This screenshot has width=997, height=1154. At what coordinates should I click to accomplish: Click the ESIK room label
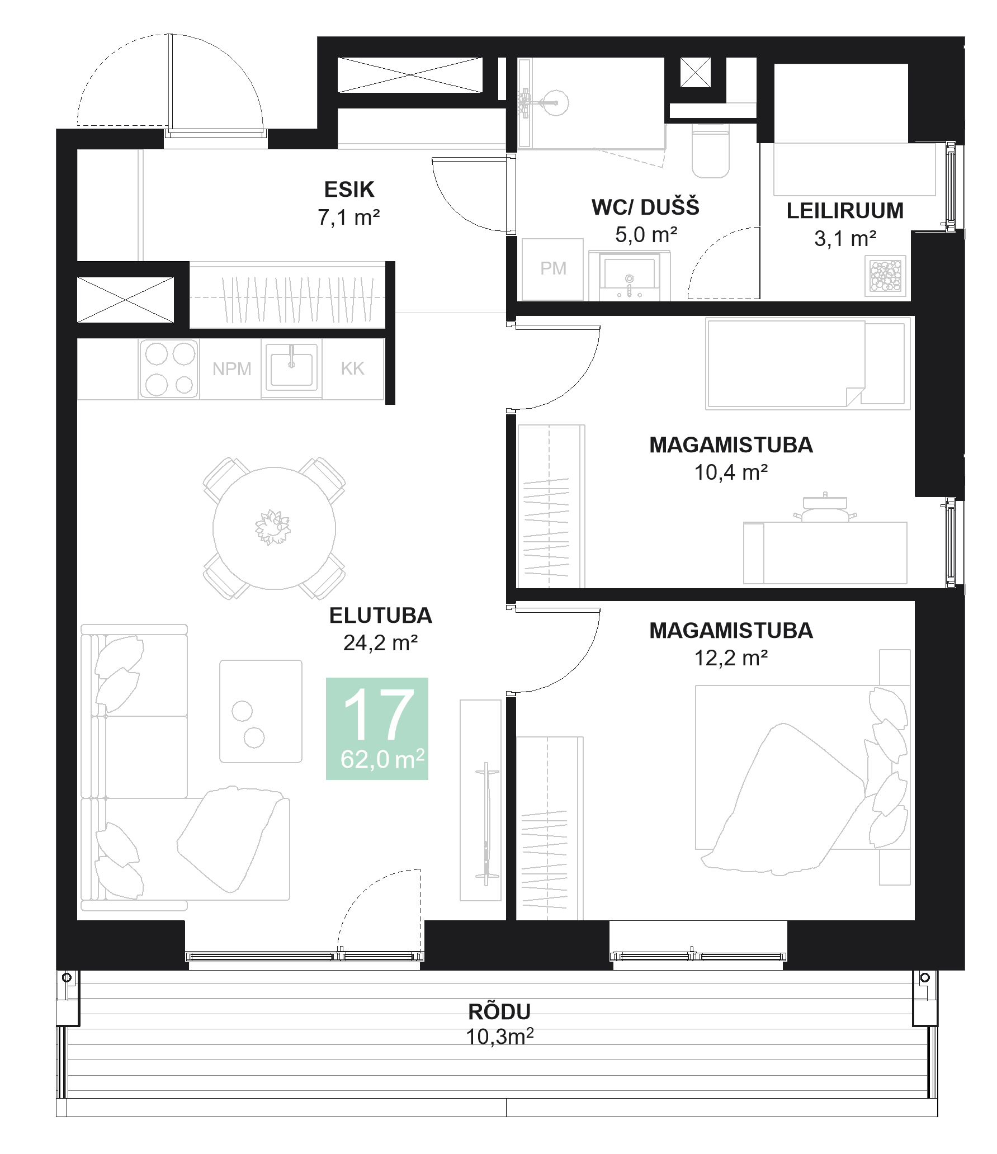pos(349,190)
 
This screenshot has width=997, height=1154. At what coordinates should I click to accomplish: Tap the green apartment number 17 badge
pos(377,727)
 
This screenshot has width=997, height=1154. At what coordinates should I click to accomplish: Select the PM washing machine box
pos(552,269)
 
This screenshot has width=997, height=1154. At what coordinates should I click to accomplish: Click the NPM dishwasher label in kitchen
pos(231,369)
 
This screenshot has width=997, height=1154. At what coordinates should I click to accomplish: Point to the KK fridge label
pos(352,368)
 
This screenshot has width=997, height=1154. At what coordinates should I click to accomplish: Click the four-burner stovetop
pos(169,368)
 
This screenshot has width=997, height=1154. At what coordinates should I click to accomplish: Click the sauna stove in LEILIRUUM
pos(885,276)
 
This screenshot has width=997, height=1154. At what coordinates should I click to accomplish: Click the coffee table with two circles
pos(261,711)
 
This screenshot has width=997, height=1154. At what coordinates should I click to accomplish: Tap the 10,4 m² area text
pos(730,473)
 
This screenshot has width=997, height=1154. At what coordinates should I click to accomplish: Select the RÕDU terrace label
pos(499,1011)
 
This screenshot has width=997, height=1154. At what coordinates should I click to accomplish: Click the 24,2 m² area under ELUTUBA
pos(380,644)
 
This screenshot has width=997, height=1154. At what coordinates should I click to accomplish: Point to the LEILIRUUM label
pos(844,211)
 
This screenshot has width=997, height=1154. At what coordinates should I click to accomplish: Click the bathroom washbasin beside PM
pos(630,276)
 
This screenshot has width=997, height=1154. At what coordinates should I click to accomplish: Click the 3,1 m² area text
pos(844,239)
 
